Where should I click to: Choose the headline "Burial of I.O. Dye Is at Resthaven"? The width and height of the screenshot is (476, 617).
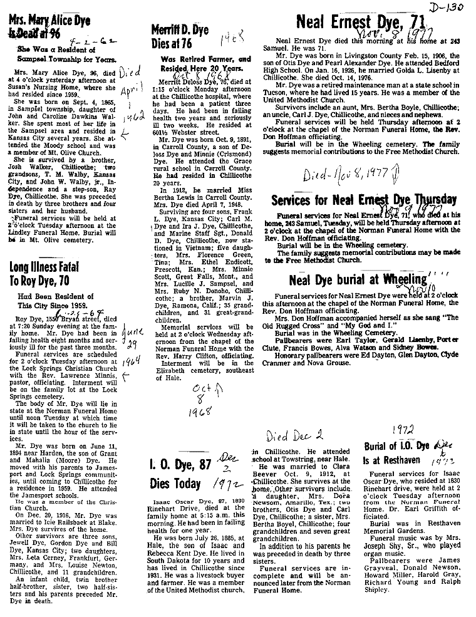(x=397, y=453)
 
